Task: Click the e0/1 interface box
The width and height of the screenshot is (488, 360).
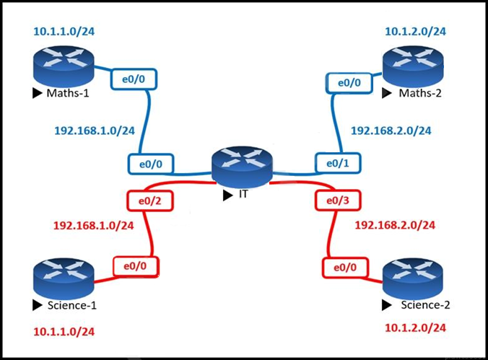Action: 337,164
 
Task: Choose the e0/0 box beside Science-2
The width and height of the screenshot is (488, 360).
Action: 344,268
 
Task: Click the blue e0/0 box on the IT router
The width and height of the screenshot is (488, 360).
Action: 150,164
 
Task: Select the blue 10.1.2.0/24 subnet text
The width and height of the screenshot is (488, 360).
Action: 415,31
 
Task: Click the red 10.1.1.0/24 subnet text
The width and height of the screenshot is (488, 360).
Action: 64,332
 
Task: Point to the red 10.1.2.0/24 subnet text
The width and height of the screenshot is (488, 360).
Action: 414,328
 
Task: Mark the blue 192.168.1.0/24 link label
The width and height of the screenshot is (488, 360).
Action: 95,131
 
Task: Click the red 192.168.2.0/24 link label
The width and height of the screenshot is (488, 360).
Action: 395,225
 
